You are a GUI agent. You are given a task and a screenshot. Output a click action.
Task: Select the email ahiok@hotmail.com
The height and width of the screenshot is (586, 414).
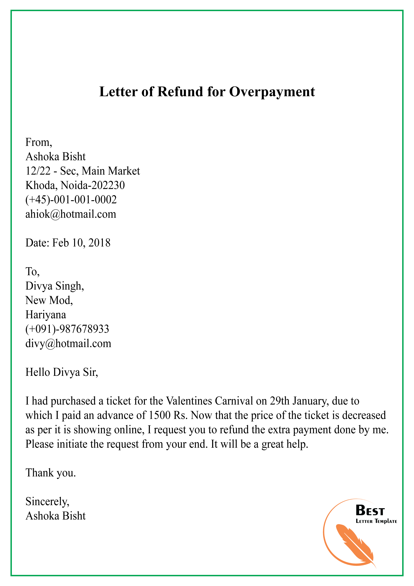(71, 214)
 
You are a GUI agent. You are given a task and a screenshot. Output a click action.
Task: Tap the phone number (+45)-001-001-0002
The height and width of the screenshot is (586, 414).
(71, 200)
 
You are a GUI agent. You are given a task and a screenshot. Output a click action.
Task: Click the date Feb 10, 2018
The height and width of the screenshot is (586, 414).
(81, 243)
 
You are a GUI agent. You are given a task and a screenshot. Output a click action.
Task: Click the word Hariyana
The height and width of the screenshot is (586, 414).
(46, 315)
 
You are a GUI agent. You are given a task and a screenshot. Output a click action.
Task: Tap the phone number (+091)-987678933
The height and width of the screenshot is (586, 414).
(67, 329)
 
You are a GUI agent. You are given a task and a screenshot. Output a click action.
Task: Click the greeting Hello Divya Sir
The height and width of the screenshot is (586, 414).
(61, 372)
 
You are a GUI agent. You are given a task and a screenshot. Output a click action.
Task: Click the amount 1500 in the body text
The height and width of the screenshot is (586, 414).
(159, 415)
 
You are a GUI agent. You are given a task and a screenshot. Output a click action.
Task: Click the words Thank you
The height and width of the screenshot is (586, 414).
(51, 473)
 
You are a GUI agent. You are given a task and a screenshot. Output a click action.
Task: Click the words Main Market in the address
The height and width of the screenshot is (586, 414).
(111, 171)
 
